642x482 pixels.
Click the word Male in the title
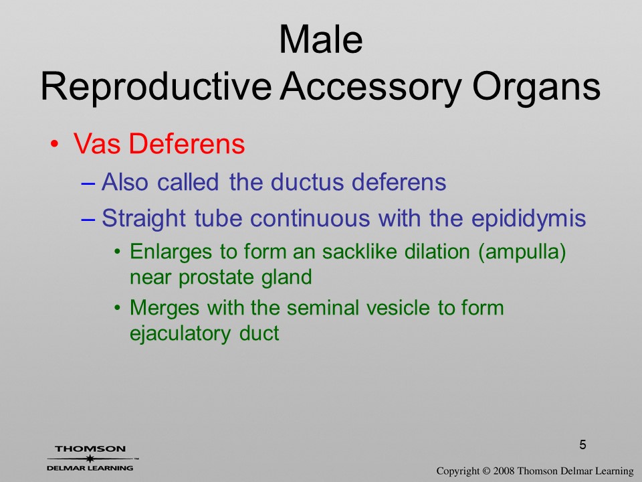[321, 39]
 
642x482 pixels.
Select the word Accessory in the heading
[371, 87]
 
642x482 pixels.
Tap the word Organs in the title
[536, 88]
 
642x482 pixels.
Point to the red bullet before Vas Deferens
[54, 145]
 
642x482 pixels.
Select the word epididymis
[528, 218]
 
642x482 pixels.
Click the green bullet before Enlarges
[118, 252]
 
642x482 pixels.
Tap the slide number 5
[582, 445]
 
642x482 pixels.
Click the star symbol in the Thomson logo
[90, 459]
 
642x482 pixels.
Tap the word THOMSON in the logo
[90, 449]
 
